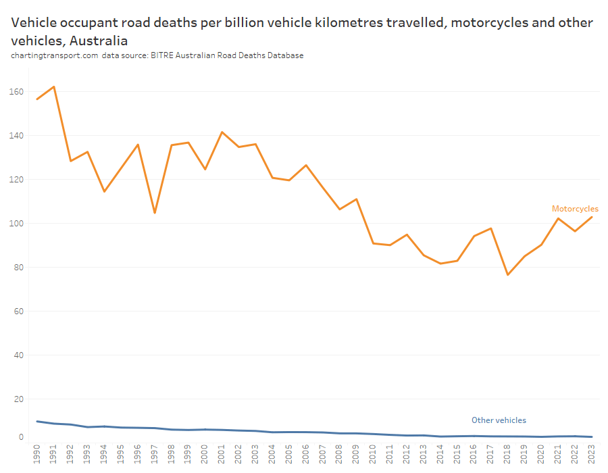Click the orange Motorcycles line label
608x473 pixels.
[x=575, y=209]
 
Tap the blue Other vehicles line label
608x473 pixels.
[x=499, y=420]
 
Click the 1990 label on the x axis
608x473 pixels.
[x=37, y=453]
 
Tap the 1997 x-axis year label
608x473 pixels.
[x=155, y=453]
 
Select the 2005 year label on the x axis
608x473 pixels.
[x=289, y=453]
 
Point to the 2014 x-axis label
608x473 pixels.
[x=440, y=453]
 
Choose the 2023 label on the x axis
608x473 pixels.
[x=592, y=453]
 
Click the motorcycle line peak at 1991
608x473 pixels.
[x=54, y=86]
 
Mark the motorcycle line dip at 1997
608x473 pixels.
[x=155, y=213]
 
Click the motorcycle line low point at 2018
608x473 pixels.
[x=507, y=275]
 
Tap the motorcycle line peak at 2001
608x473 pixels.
[x=222, y=132]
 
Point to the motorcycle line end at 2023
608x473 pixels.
[x=592, y=217]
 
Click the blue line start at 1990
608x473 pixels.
[x=37, y=422]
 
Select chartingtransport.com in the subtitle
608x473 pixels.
[x=55, y=55]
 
